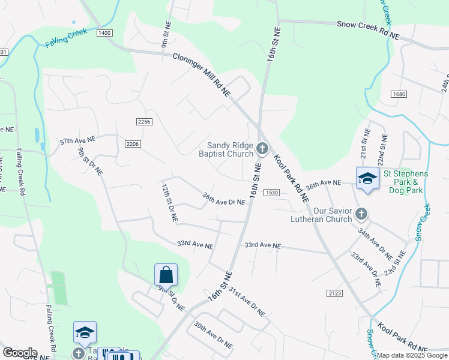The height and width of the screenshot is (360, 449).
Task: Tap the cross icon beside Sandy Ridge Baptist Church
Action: [262, 148]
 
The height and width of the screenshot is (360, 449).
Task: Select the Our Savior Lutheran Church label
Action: [324, 215]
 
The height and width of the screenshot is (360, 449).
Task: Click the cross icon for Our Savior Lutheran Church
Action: [361, 213]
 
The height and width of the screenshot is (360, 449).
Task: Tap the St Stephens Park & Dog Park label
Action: [406, 182]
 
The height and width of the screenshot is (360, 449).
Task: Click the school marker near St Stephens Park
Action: [367, 178]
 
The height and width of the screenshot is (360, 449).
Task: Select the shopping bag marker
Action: [166, 275]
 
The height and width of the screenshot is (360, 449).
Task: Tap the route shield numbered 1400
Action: [104, 32]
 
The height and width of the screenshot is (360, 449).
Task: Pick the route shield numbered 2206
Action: [133, 143]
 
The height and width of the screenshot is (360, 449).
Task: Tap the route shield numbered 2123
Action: [335, 293]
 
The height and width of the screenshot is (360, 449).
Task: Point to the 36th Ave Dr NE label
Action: [223, 199]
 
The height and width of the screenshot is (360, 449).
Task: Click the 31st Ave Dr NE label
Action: [246, 301]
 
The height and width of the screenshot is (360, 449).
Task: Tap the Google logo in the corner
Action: [20, 353]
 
